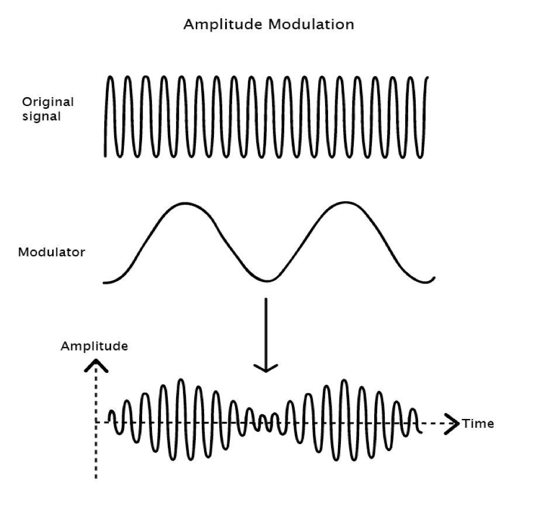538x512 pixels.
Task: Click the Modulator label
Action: (51, 253)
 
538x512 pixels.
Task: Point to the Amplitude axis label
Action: (94, 346)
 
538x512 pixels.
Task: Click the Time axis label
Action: (478, 423)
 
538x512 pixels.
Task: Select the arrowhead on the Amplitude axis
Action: (95, 365)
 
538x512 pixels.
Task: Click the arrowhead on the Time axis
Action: (451, 422)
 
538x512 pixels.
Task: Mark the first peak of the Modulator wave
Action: (185, 203)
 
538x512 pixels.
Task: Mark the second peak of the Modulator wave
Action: (345, 202)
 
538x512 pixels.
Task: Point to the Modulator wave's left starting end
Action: (104, 283)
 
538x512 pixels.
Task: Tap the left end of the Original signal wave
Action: (105, 155)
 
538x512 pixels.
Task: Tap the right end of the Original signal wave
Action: (428, 78)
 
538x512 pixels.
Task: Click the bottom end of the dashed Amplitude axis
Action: (95, 477)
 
